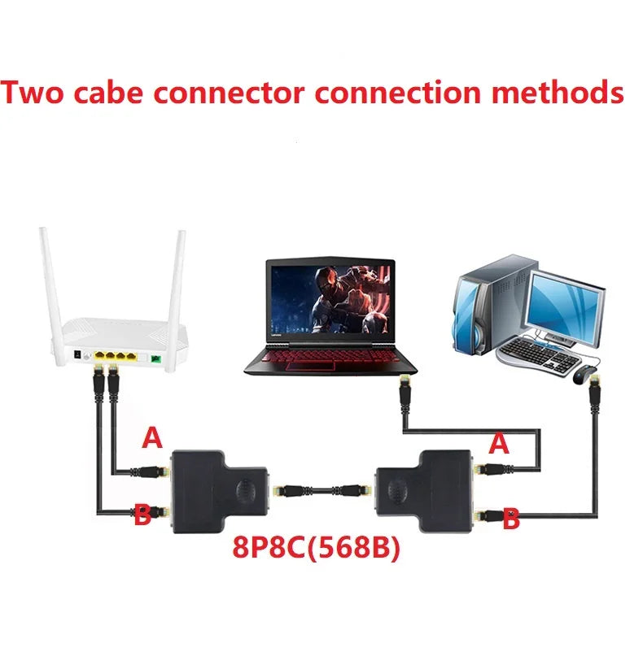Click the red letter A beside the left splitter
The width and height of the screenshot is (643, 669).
point(152,439)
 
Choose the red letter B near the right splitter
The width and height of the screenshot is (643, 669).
point(510,519)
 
